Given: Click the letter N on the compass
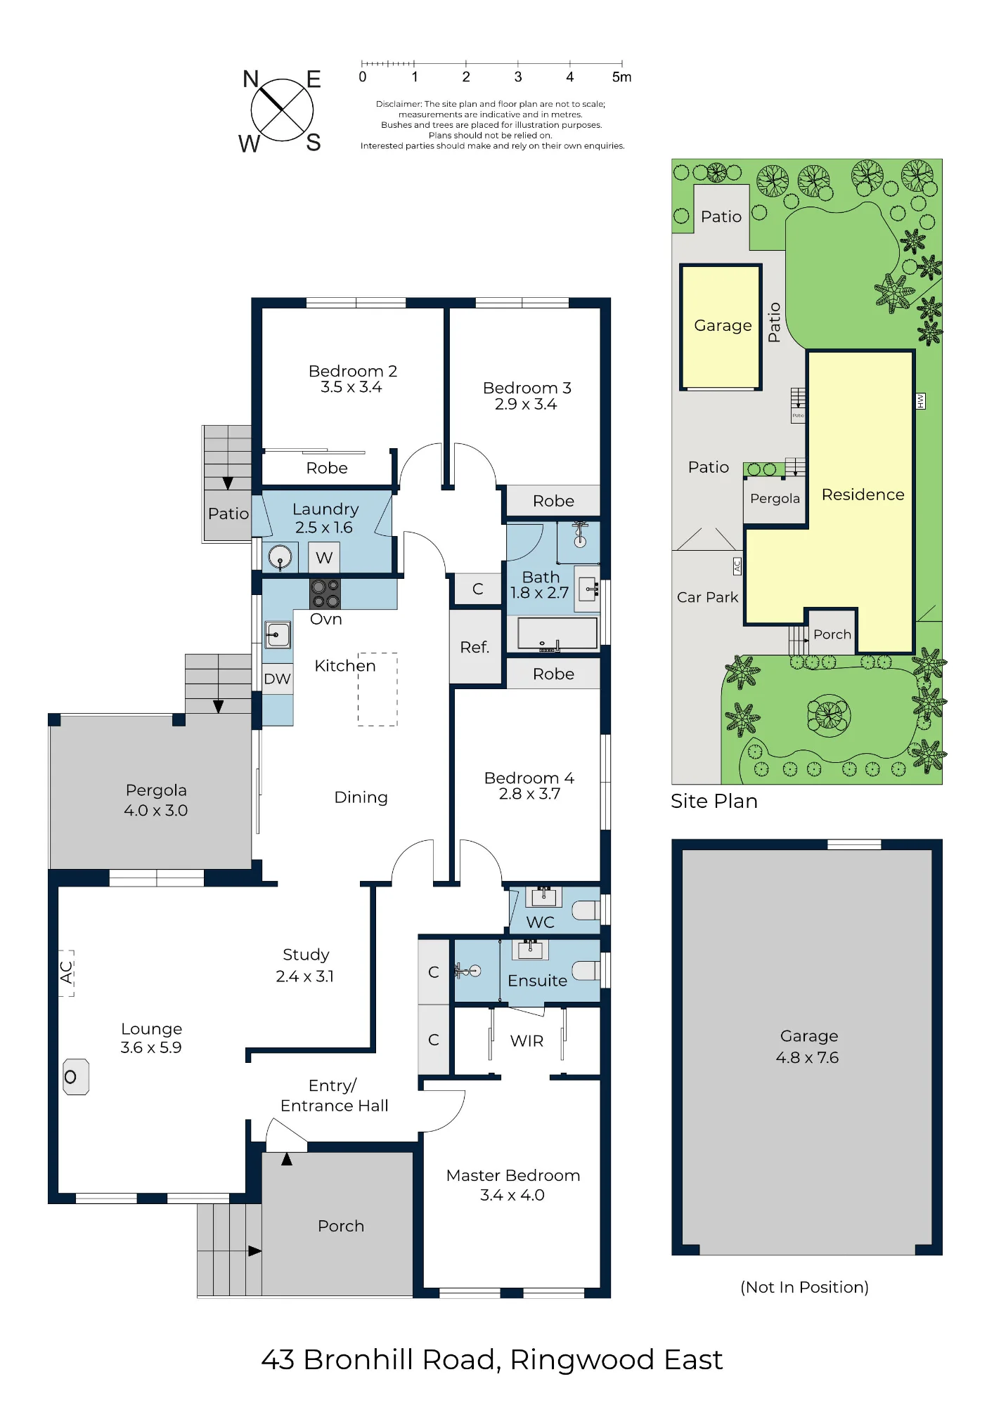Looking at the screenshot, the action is pyautogui.click(x=251, y=79).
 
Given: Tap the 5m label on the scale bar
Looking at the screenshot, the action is pyautogui.click(x=621, y=77).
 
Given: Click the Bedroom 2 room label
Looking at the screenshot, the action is pyautogui.click(x=353, y=371).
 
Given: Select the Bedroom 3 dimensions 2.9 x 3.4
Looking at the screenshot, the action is pyautogui.click(x=526, y=405).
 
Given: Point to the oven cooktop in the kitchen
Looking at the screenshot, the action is pyautogui.click(x=325, y=594).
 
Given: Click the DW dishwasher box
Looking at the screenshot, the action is pyautogui.click(x=278, y=679).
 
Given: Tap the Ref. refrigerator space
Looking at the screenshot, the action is pyautogui.click(x=475, y=647).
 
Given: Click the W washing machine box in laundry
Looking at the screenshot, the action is pyautogui.click(x=324, y=558).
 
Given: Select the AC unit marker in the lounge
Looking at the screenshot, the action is pyautogui.click(x=67, y=973).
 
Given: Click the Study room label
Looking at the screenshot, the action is pyautogui.click(x=306, y=955).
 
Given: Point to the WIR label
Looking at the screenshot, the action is pyautogui.click(x=527, y=1041).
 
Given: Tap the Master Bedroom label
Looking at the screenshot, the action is pyautogui.click(x=513, y=1176).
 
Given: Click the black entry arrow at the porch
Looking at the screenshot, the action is pyautogui.click(x=287, y=1159).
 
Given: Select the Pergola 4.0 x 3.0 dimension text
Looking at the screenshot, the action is pyautogui.click(x=156, y=811).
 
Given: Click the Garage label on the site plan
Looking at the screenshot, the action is pyautogui.click(x=723, y=326).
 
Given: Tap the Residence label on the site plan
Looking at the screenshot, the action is pyautogui.click(x=863, y=495).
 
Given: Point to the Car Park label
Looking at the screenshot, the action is pyautogui.click(x=708, y=597).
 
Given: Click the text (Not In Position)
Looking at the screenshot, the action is pyautogui.click(x=805, y=1287).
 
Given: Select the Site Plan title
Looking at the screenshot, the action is pyautogui.click(x=714, y=802).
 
